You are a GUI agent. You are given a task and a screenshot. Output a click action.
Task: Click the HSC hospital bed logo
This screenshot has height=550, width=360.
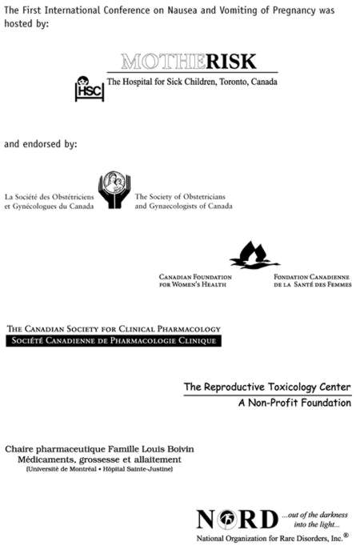(x=90, y=89)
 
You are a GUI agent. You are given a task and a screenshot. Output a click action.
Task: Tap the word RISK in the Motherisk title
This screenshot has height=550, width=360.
(x=231, y=62)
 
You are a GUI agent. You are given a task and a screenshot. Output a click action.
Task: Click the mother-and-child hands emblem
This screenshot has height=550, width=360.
(x=114, y=190)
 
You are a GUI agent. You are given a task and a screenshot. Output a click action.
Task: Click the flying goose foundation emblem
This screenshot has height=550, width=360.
(x=255, y=255)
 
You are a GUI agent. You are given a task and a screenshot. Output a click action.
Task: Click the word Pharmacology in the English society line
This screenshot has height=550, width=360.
(x=189, y=329)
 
